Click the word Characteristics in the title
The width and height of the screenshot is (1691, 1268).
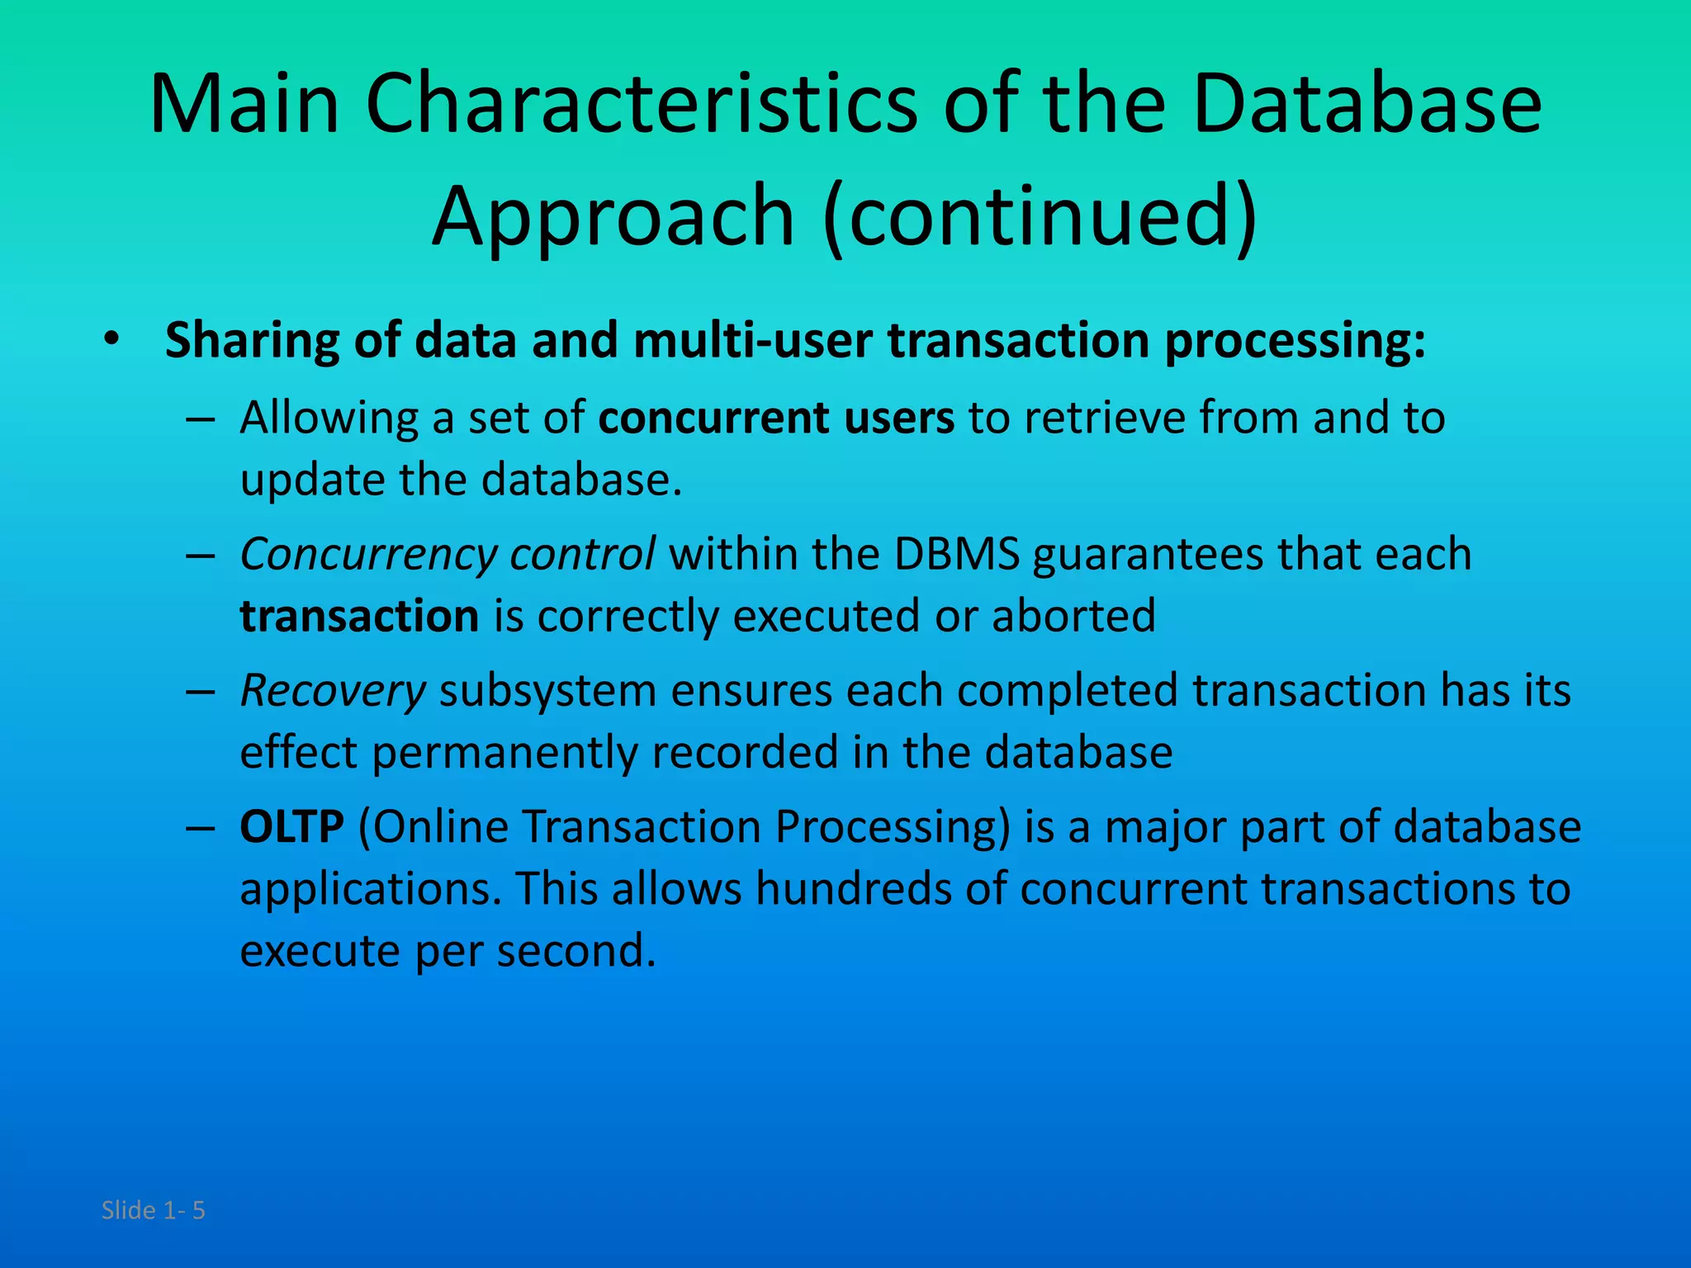pyautogui.click(x=641, y=105)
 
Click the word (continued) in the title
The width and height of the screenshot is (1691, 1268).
pyautogui.click(x=1040, y=216)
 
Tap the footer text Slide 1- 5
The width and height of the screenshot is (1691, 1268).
pyautogui.click(x=153, y=1210)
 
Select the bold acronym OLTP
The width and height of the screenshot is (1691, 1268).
pyautogui.click(x=291, y=826)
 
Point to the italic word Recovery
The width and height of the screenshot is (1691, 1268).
pyautogui.click(x=332, y=691)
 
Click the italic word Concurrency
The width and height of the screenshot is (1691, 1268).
pyautogui.click(x=367, y=555)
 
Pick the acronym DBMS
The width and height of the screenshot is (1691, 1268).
pyautogui.click(x=957, y=554)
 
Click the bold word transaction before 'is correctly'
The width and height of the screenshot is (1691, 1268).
pyautogui.click(x=359, y=617)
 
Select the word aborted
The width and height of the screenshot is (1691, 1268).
pyautogui.click(x=1073, y=617)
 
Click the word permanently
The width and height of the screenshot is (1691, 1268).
pyautogui.click(x=504, y=753)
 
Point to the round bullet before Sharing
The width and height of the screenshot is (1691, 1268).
pyautogui.click(x=112, y=340)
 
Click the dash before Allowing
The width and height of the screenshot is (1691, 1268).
pyautogui.click(x=201, y=419)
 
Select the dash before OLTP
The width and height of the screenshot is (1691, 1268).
pyautogui.click(x=201, y=827)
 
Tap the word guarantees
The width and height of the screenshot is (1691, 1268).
pyautogui.click(x=1148, y=554)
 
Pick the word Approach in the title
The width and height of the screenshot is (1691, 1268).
pyautogui.click(x=613, y=216)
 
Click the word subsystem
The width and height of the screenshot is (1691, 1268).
pyautogui.click(x=547, y=691)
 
